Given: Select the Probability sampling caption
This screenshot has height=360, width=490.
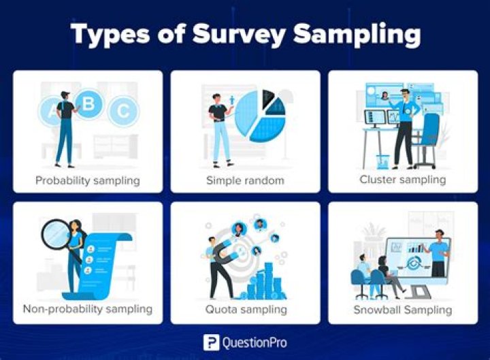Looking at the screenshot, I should coord(88,180).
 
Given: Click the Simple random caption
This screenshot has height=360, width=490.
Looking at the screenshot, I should coord(245,180).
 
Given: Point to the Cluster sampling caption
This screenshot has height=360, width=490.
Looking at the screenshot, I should coord(403,180).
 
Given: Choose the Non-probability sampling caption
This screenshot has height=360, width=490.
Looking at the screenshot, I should coord(88,309).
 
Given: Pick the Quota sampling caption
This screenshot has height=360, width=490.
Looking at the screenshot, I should coord(245,310).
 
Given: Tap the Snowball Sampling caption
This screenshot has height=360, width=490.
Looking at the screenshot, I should coord(403,310).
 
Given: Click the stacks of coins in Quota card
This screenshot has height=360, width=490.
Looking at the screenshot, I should coord(265,283).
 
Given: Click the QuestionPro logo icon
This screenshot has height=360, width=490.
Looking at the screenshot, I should coord(210,342).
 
